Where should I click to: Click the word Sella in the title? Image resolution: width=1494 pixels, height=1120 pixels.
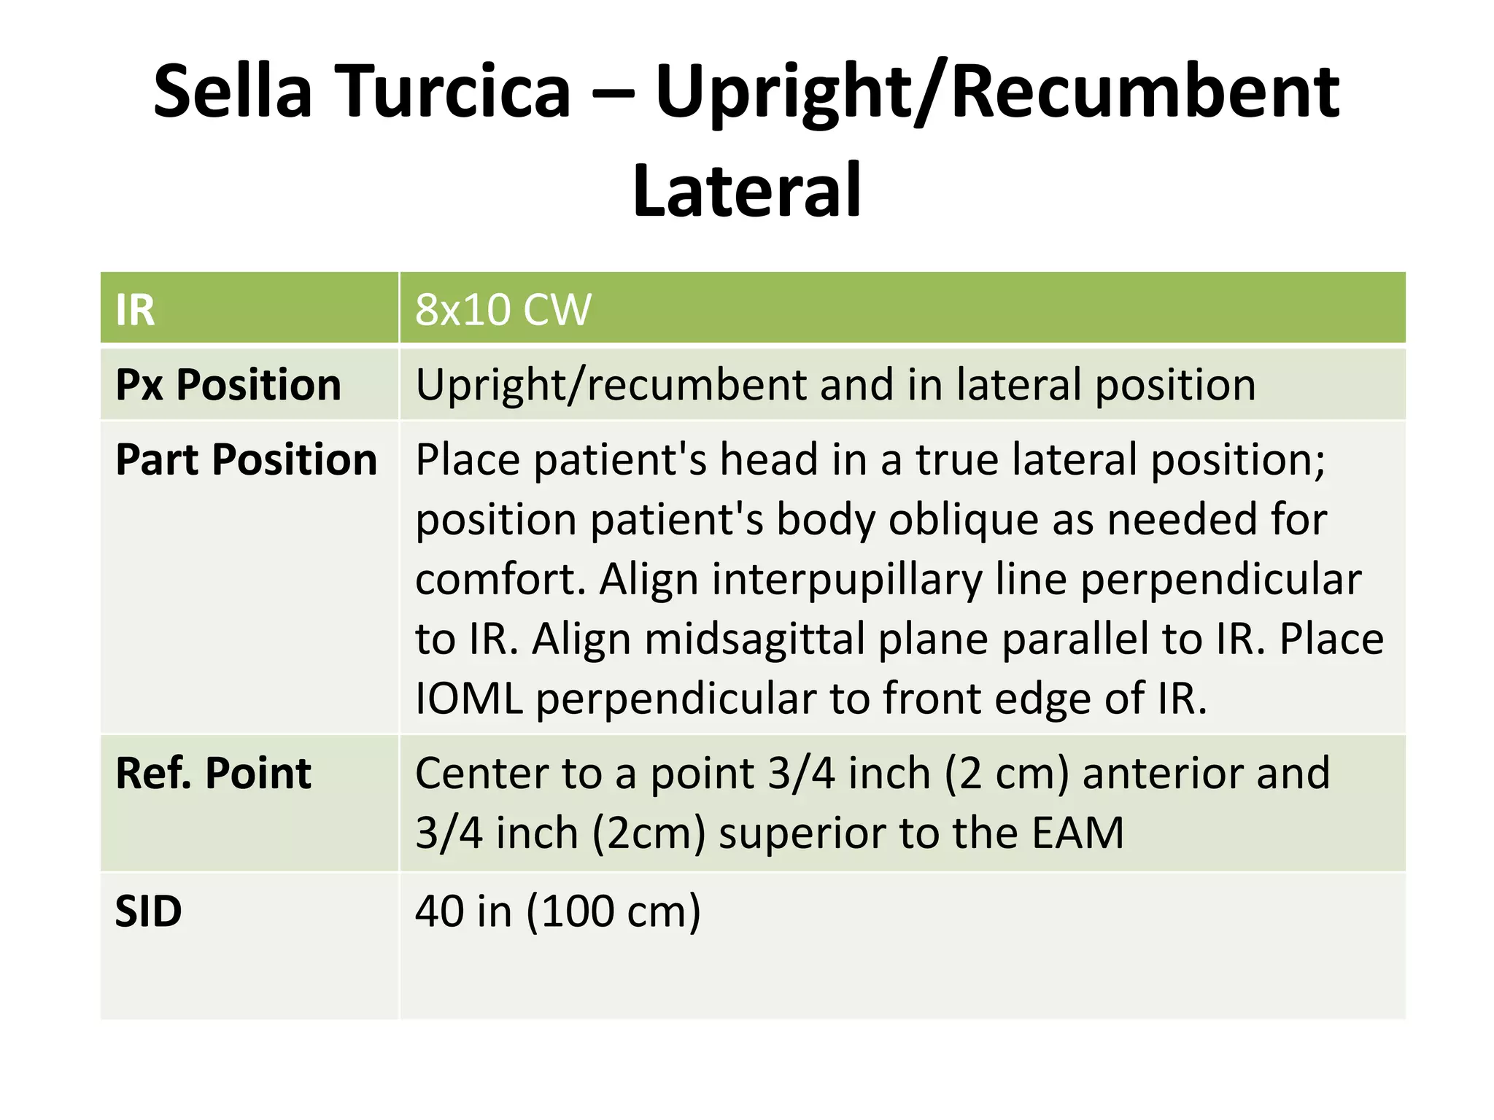coord(233,91)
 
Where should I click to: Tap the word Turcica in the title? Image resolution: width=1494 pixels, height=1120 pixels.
coord(453,91)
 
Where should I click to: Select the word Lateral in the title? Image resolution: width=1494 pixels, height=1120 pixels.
coord(747,191)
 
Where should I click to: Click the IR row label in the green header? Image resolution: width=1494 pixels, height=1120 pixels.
coord(136,310)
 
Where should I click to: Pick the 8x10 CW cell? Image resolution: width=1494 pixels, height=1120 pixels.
coord(503,310)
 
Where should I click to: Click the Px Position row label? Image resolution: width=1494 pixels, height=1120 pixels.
coord(228,385)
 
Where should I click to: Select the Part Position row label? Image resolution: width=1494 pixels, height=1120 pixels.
coord(247,460)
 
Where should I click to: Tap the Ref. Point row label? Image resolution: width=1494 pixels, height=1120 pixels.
coord(213,773)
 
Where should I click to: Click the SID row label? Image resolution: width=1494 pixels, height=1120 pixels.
coord(149,911)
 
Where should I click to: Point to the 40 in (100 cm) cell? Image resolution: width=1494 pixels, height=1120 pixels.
coord(557,911)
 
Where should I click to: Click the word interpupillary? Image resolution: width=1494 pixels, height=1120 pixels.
coord(847,580)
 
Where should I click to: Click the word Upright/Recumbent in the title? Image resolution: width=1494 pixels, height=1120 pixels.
coord(996,91)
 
